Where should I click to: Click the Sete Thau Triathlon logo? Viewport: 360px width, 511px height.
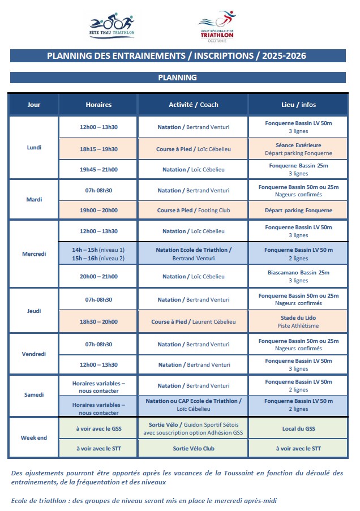coord(112,26)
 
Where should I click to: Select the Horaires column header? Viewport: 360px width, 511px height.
coord(98,105)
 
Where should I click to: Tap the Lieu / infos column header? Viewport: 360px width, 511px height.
coord(298,105)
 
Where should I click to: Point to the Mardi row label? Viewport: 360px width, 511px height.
coord(34,200)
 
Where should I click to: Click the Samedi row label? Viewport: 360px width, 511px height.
coord(34,395)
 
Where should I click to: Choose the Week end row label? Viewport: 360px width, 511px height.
coord(34,438)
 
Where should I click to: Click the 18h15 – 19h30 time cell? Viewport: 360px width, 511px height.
coord(98,149)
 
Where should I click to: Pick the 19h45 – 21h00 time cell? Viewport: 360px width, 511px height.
coord(98,169)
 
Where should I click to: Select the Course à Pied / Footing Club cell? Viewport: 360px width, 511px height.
coord(194,211)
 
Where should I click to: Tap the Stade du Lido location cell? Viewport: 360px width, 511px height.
coord(298,321)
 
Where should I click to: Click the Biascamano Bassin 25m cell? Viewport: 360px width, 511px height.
coord(298,276)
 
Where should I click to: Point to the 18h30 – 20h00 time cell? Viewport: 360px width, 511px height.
coord(98,321)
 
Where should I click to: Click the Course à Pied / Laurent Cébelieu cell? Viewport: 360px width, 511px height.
coord(194,321)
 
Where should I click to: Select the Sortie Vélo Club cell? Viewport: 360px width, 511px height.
coord(194,449)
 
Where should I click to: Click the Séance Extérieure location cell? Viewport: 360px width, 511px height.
coord(298,149)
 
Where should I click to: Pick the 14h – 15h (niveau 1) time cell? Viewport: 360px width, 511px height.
coord(98,250)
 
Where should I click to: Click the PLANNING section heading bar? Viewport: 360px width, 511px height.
coord(178,78)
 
